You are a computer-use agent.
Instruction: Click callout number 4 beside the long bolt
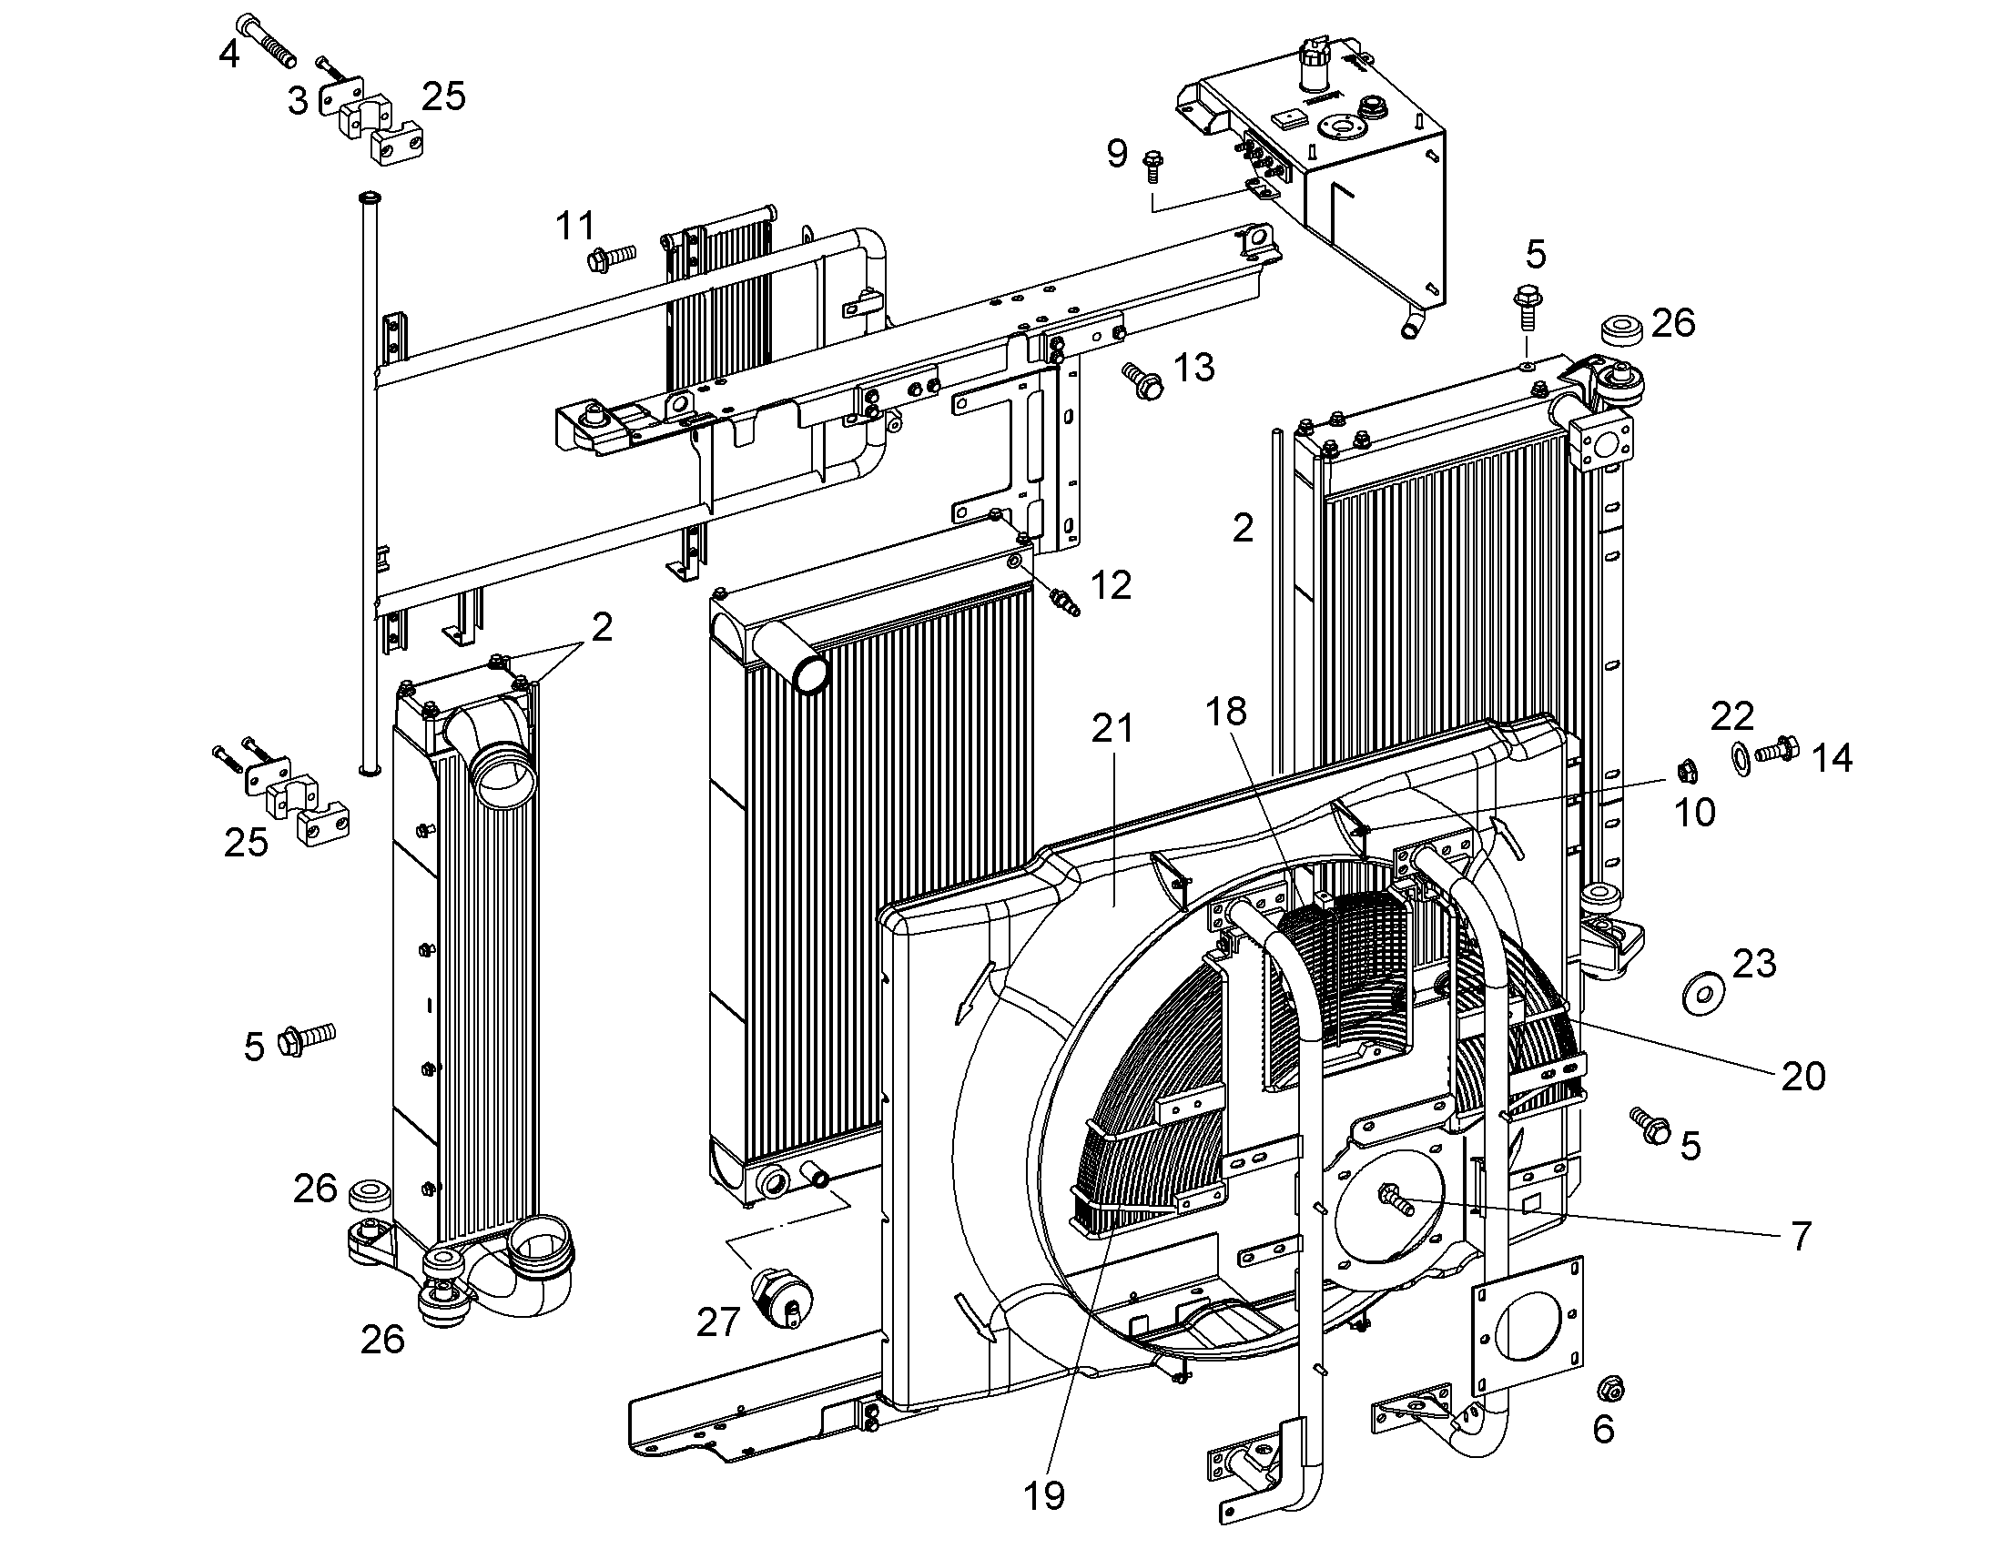tap(229, 55)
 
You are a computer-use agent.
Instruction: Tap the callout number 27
tap(717, 1322)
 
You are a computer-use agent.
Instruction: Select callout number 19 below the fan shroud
tap(1044, 1495)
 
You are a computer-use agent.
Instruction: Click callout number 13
tap(1194, 368)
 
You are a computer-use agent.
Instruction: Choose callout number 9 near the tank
tap(1117, 153)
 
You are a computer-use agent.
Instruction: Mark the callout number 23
tap(1753, 963)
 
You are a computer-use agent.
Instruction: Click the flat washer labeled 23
tap(1702, 993)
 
